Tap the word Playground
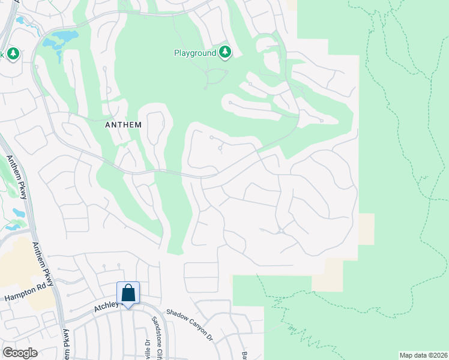[195, 53]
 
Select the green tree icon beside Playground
[225, 52]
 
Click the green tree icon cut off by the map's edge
[12, 54]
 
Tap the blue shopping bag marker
[128, 293]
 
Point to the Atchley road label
[107, 307]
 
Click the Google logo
[20, 353]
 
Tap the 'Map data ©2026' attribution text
[423, 355]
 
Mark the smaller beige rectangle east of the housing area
[366, 229]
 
